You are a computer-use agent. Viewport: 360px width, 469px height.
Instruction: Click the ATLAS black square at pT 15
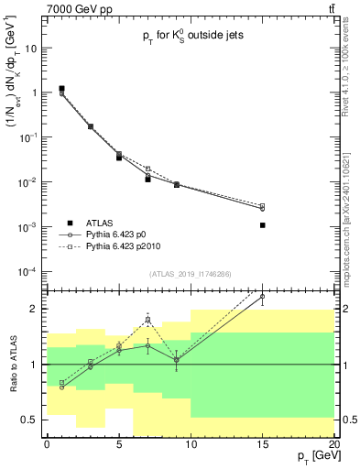[x=262, y=224]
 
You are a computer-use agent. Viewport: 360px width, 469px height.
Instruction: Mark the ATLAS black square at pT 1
[x=61, y=89]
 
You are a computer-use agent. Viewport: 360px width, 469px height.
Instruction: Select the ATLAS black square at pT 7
[x=147, y=180]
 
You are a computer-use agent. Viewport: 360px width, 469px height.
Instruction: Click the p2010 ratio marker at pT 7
[x=147, y=321]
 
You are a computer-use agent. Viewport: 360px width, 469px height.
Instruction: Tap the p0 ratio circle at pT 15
[x=262, y=297]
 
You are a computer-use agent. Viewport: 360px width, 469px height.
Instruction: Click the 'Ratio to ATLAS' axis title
[x=12, y=364]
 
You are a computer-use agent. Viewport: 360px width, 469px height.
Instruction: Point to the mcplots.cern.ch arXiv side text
[x=351, y=215]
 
